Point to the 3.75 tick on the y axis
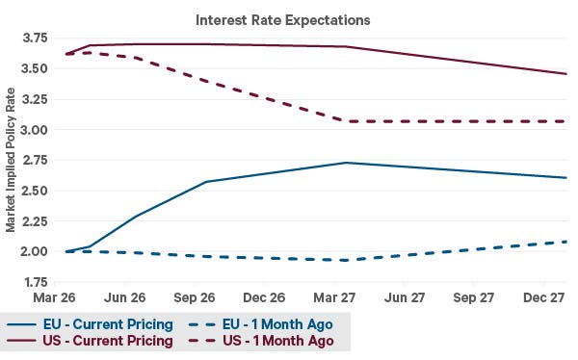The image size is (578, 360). pyautogui.click(x=35, y=38)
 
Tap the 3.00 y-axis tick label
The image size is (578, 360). pyautogui.click(x=35, y=130)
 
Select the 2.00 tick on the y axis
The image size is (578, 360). pyautogui.click(x=35, y=251)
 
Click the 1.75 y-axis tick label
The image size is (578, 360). pyautogui.click(x=35, y=282)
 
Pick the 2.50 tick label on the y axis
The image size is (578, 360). pyautogui.click(x=35, y=191)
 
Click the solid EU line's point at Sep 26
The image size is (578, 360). pyautogui.click(x=207, y=182)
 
